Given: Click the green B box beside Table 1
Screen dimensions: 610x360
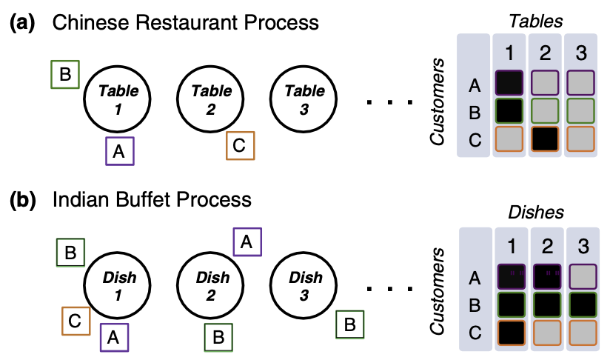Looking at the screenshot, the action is pos(65,74).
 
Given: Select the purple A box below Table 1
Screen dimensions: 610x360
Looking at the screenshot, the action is pos(120,151).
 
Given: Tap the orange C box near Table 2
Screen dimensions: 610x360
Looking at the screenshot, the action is pos(241,146).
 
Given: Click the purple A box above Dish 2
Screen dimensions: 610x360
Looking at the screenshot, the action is pos(247,242).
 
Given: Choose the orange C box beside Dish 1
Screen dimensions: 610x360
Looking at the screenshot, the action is pos(76,321).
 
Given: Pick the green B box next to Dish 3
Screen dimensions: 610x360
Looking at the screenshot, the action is pos(350,324).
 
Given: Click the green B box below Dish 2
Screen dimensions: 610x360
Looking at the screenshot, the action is pos(218,338).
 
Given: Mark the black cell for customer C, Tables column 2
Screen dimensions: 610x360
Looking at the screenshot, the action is pos(545,139).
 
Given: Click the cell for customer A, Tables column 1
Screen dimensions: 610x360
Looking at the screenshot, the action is pos(509,83).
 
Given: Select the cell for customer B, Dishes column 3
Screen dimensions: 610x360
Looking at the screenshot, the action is pos(583,304).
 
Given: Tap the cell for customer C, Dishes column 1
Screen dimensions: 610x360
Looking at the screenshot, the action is pos(512,333).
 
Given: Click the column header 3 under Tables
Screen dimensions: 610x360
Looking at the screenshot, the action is pos(581,53).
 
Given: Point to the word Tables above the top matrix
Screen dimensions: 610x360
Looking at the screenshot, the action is pos(536,21).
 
